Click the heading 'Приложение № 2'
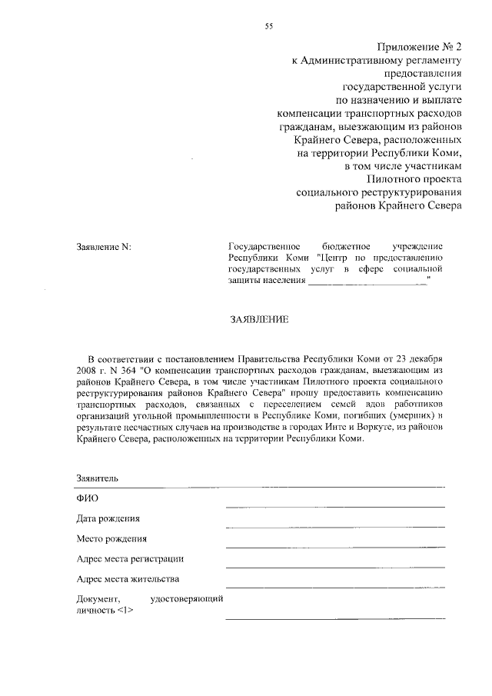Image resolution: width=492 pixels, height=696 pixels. (421, 47)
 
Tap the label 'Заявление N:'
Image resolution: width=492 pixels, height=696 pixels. (104, 247)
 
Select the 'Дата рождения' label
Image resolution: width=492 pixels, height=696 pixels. (108, 519)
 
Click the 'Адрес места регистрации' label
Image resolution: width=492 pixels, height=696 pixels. (131, 559)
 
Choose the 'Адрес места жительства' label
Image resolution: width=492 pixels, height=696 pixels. (128, 579)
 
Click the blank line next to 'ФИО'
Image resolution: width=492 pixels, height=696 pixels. (334, 506)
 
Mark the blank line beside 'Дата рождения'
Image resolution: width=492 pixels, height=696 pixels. (334, 526)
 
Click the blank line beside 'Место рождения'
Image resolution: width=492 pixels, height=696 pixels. (334, 546)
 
